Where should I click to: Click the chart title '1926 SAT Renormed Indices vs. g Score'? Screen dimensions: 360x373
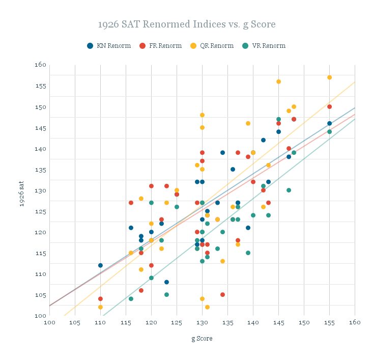pos(187,24)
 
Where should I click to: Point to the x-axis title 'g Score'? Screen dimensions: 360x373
pos(202,339)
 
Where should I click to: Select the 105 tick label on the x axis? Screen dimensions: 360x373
pos(75,323)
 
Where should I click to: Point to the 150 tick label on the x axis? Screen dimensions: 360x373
pos(304,323)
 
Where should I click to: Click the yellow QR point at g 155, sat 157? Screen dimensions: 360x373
pos(329,77)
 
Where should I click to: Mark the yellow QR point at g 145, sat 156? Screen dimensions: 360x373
pos(278,81)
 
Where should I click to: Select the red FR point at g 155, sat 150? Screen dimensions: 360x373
pos(329,106)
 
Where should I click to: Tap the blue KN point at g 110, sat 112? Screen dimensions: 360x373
pos(100,265)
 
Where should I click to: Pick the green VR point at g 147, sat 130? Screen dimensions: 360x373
pos(289,190)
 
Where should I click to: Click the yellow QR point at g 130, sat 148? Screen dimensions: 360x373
pos(202,115)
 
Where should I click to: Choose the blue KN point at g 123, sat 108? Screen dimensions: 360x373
pos(166,282)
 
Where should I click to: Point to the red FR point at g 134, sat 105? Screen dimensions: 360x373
pos(222,294)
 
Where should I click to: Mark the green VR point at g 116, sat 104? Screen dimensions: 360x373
pos(131,299)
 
